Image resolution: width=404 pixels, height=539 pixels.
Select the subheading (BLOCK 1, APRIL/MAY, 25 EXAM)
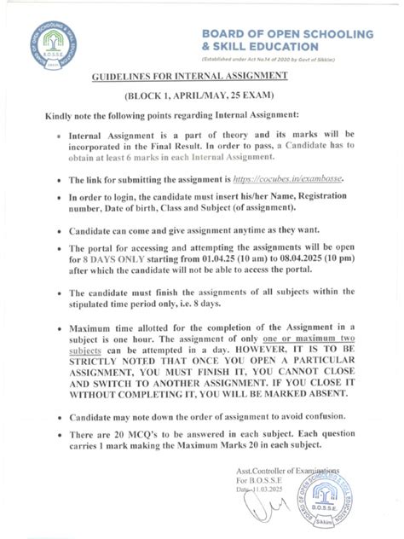click(201, 96)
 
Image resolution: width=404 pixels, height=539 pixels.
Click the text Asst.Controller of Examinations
click(288, 471)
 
